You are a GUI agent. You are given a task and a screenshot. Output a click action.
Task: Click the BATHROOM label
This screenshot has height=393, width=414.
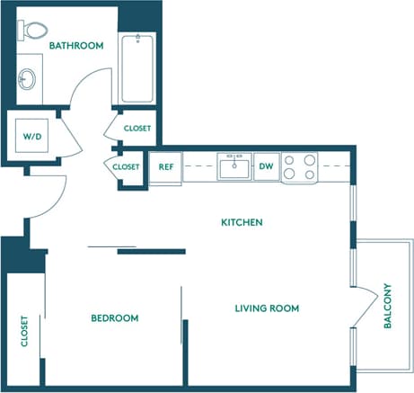(76, 45)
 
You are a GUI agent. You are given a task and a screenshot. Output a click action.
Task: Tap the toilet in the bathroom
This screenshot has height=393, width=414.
(35, 32)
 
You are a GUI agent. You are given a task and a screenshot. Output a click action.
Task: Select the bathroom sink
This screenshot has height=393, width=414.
(29, 78)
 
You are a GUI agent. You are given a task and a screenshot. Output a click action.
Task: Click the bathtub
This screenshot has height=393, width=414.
(137, 68)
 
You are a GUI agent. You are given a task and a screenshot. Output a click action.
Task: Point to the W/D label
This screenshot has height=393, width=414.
(31, 136)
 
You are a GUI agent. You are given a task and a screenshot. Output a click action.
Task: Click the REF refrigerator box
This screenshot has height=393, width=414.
(166, 166)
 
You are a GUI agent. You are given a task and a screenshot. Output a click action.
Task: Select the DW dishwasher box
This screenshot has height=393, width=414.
(266, 166)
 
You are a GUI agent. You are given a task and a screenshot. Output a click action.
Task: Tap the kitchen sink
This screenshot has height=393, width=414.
(236, 166)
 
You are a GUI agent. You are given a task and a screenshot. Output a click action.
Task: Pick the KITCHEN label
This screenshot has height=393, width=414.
(242, 221)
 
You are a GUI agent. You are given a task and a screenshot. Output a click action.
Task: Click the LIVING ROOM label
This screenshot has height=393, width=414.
(267, 308)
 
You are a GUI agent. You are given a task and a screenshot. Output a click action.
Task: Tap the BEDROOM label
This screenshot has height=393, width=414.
(115, 318)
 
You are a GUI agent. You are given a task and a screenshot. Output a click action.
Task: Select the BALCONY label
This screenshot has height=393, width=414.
(388, 307)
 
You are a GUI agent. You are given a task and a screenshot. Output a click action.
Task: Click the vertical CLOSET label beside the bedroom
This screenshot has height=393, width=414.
(24, 331)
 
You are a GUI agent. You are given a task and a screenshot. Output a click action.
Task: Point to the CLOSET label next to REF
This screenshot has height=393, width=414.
(127, 167)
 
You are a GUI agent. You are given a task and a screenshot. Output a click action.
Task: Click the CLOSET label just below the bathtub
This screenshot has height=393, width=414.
(137, 128)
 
